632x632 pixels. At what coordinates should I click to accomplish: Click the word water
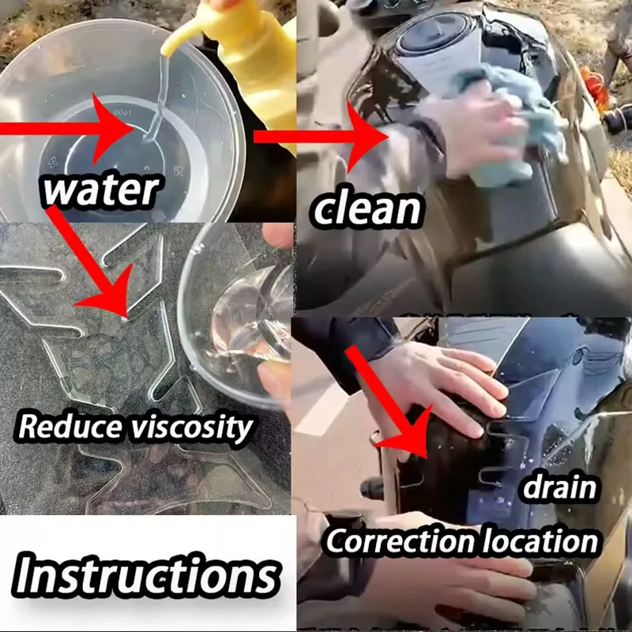101,190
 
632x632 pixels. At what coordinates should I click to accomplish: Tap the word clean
367,209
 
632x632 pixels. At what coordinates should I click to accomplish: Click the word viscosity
190,428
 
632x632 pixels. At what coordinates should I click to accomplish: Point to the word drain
559,487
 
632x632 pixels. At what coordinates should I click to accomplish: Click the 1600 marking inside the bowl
121,111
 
